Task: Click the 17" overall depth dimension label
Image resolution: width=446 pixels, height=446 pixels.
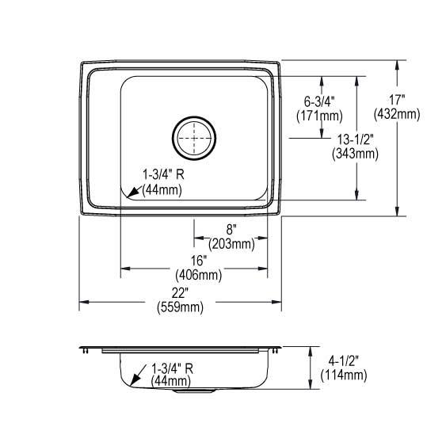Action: [397, 101]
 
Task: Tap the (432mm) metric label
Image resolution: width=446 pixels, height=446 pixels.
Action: [397, 114]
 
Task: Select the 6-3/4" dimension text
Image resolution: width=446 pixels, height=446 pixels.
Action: [319, 101]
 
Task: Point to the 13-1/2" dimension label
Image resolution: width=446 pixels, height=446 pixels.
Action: [355, 140]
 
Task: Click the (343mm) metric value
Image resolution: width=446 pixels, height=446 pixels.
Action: [355, 154]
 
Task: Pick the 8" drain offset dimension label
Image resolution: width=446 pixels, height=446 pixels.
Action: [231, 230]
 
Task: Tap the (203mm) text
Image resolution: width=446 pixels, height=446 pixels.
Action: [231, 244]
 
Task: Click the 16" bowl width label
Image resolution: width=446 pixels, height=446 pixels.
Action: [198, 261]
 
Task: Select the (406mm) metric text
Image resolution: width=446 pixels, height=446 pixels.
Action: [198, 275]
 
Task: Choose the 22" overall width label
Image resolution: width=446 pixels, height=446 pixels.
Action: [180, 293]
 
